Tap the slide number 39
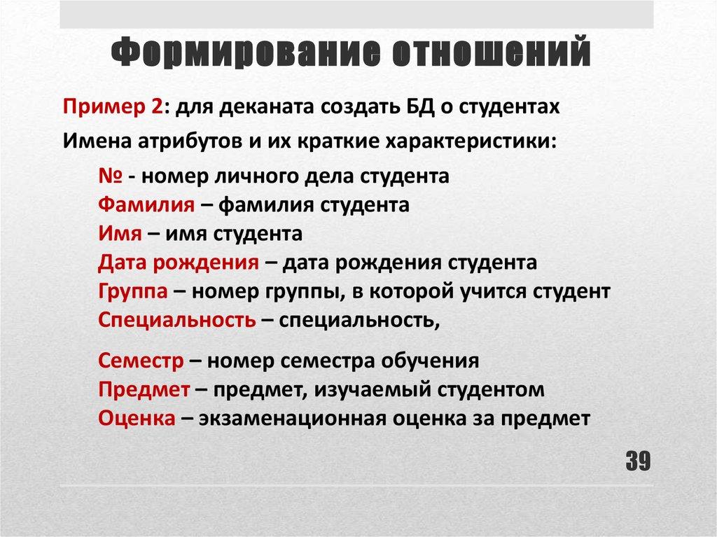(x=638, y=461)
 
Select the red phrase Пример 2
(x=113, y=108)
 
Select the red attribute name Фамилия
(x=146, y=205)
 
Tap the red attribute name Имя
(x=120, y=234)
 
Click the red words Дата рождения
(x=179, y=263)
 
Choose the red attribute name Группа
(x=132, y=292)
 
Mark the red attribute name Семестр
(x=141, y=361)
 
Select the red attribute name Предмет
(x=144, y=389)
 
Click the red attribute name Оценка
(x=137, y=418)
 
